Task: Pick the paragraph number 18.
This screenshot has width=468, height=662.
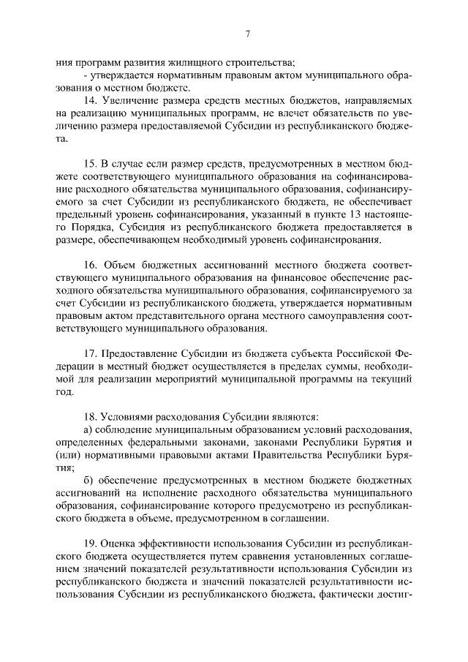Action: click(x=90, y=415)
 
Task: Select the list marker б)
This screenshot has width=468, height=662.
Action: click(x=88, y=481)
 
